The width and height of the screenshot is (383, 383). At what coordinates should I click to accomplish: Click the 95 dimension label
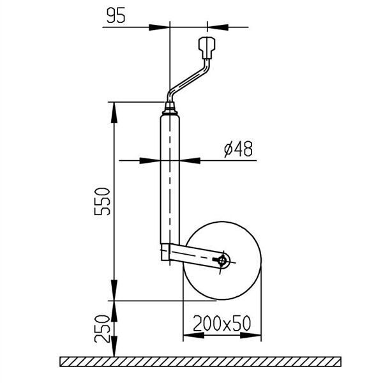[116, 15]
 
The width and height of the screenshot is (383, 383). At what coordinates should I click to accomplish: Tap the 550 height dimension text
[102, 202]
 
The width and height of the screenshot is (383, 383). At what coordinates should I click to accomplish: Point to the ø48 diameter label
[238, 149]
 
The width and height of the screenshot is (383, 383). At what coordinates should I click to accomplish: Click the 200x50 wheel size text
[222, 324]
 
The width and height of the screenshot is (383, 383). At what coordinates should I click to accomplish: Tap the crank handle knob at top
[207, 48]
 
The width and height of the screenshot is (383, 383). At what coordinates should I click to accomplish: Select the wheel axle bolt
[222, 260]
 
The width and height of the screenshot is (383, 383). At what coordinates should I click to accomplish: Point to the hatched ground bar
[200, 361]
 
